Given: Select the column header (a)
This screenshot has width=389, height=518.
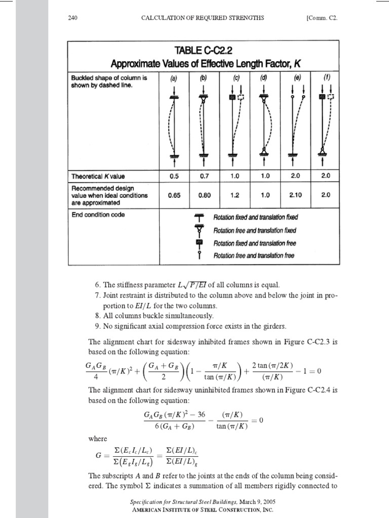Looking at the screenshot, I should tap(174, 78).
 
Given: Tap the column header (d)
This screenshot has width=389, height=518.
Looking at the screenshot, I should tap(263, 78).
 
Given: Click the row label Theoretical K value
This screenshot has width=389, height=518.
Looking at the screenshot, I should tap(98, 176).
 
